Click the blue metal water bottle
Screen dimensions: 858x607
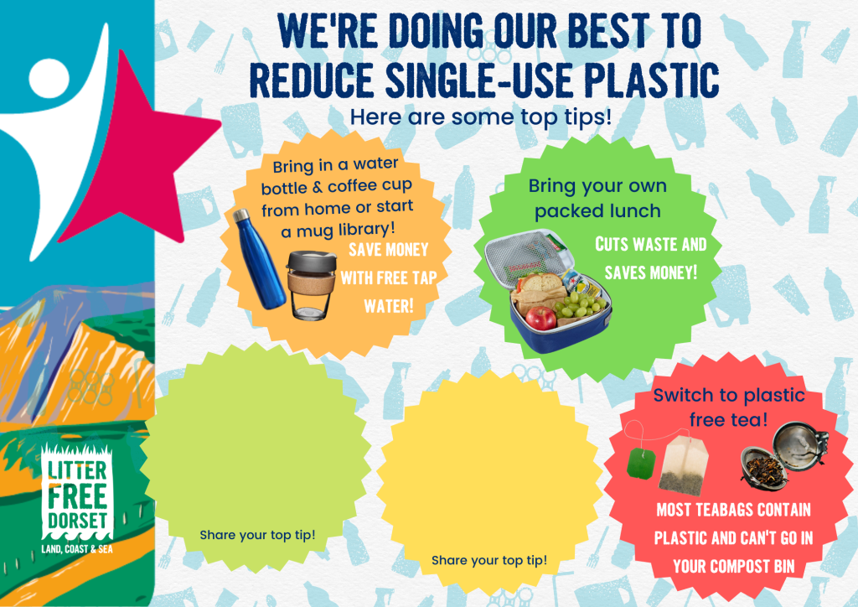[260, 259]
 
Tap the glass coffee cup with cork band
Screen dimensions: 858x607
[311, 285]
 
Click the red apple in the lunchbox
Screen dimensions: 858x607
[540, 319]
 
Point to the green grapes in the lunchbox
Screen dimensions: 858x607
[580, 305]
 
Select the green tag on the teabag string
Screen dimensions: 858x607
[641, 463]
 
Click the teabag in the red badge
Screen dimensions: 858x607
[683, 466]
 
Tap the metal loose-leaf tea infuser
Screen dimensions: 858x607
[784, 458]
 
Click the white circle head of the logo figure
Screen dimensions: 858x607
[49, 78]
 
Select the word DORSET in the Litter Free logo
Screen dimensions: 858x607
[77, 520]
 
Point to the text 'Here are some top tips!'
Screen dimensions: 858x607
[480, 117]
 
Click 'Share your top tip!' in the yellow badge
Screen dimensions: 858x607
[489, 561]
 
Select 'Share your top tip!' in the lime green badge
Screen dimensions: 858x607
[257, 535]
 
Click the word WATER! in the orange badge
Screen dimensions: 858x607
[389, 306]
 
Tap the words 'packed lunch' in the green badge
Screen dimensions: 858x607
[597, 211]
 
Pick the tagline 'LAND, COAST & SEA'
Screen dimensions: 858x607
[77, 549]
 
